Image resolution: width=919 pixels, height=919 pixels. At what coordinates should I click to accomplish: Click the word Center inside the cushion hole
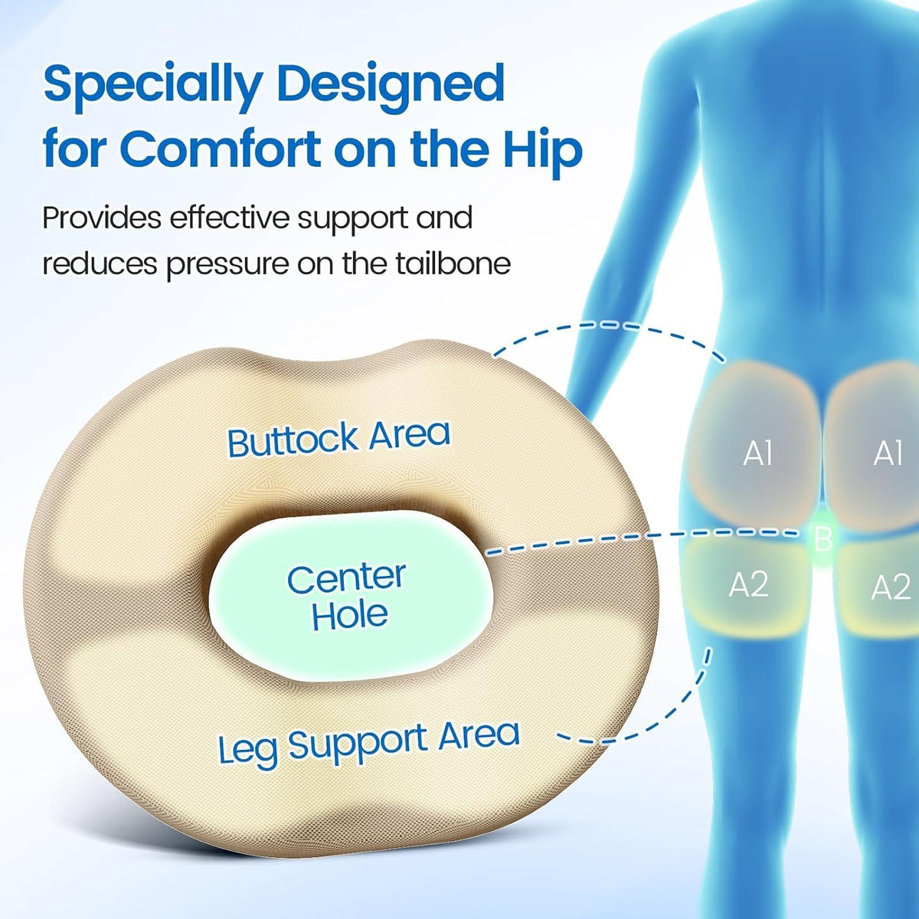347,578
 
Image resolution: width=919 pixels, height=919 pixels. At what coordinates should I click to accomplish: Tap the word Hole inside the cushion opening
349,614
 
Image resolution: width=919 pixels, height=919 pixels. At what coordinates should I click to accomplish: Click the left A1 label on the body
758,453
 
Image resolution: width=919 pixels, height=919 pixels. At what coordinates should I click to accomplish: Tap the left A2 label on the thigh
749,584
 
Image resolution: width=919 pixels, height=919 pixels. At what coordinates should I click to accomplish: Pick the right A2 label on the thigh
891,587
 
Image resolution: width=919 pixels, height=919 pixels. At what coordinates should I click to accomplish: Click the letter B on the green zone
823,539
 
